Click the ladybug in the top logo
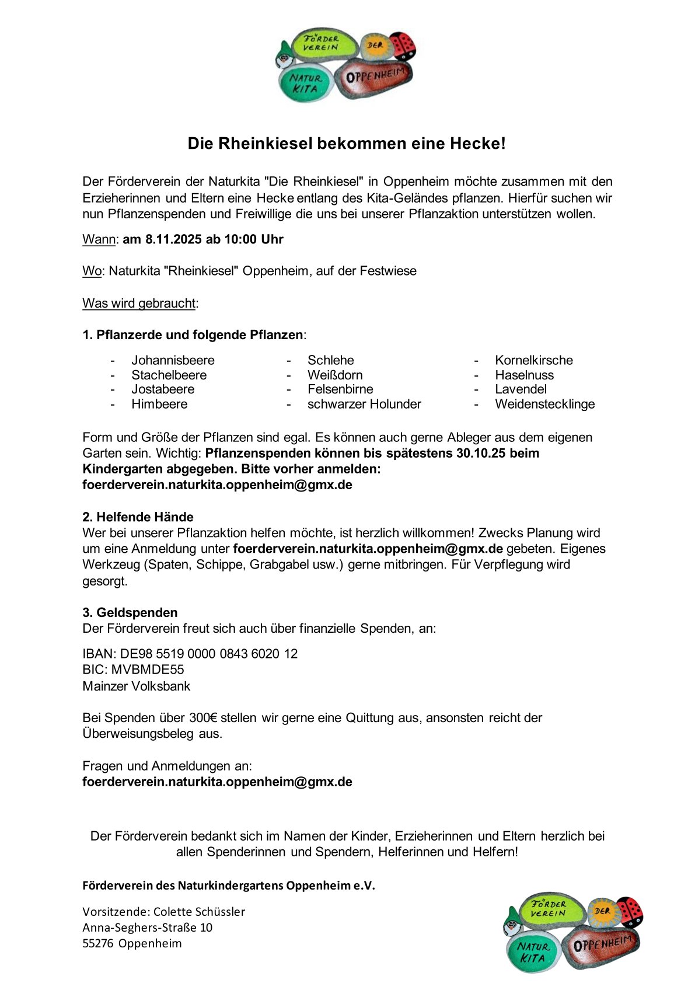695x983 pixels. click(403, 46)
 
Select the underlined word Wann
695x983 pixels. click(99, 239)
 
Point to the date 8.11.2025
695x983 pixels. click(174, 239)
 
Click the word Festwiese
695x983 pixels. click(388, 271)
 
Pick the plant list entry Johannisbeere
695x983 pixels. click(173, 360)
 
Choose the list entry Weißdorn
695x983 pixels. click(335, 375)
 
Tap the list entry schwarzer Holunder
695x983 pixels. click(364, 404)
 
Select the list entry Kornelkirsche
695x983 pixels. click(534, 360)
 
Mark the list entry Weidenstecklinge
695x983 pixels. click(545, 404)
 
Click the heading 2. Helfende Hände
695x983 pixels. click(138, 517)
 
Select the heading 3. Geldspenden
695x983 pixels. click(130, 612)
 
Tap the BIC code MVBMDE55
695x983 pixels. click(148, 670)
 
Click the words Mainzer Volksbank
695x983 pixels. click(137, 686)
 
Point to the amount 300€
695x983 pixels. click(203, 717)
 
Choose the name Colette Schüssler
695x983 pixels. click(199, 911)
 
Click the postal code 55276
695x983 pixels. click(97, 943)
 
